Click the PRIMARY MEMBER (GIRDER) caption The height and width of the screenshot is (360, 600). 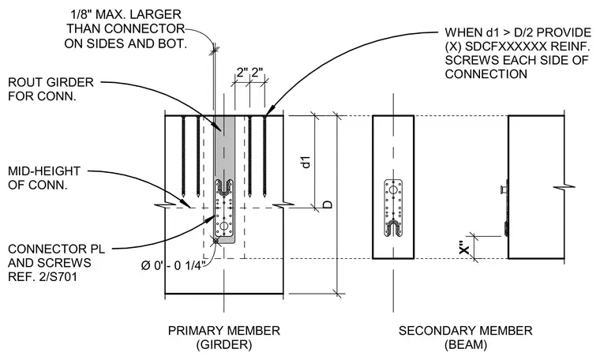pos(224,337)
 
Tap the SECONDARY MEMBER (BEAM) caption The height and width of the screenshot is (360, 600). pos(465,337)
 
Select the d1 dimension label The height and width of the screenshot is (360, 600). pos(306,162)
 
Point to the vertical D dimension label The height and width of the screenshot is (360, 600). pos(328,204)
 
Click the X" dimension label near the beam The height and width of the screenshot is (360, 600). pos(463,248)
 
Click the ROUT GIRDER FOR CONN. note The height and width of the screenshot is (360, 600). pos(51,89)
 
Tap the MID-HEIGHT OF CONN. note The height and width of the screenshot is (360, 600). pos(44,178)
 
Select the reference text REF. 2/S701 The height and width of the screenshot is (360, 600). pos(43,276)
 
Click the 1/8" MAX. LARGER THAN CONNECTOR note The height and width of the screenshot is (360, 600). pos(125,28)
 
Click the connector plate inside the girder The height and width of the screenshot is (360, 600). pos(224,208)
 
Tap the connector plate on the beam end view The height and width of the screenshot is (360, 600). pos(393,208)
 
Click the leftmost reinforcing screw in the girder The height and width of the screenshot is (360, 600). pos(184,156)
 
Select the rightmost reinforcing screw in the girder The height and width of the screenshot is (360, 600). pos(264,156)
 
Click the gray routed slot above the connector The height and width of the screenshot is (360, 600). pos(224,148)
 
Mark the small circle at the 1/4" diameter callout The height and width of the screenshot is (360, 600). pos(216,241)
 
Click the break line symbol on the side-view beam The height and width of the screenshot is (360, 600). pos(564,187)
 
